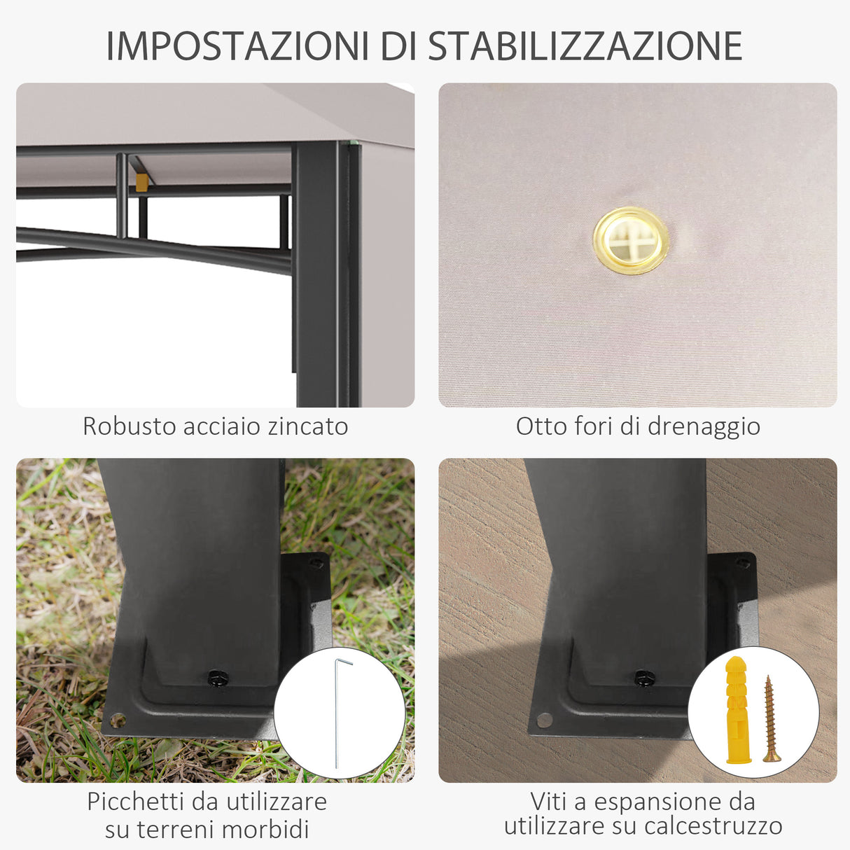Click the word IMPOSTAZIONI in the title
click(238, 46)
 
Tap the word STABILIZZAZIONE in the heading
click(585, 46)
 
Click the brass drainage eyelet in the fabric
click(630, 240)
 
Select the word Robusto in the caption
click(128, 426)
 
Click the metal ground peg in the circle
click(337, 711)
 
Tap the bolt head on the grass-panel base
click(218, 678)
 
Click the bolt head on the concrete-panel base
click(644, 678)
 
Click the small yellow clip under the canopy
click(141, 182)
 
